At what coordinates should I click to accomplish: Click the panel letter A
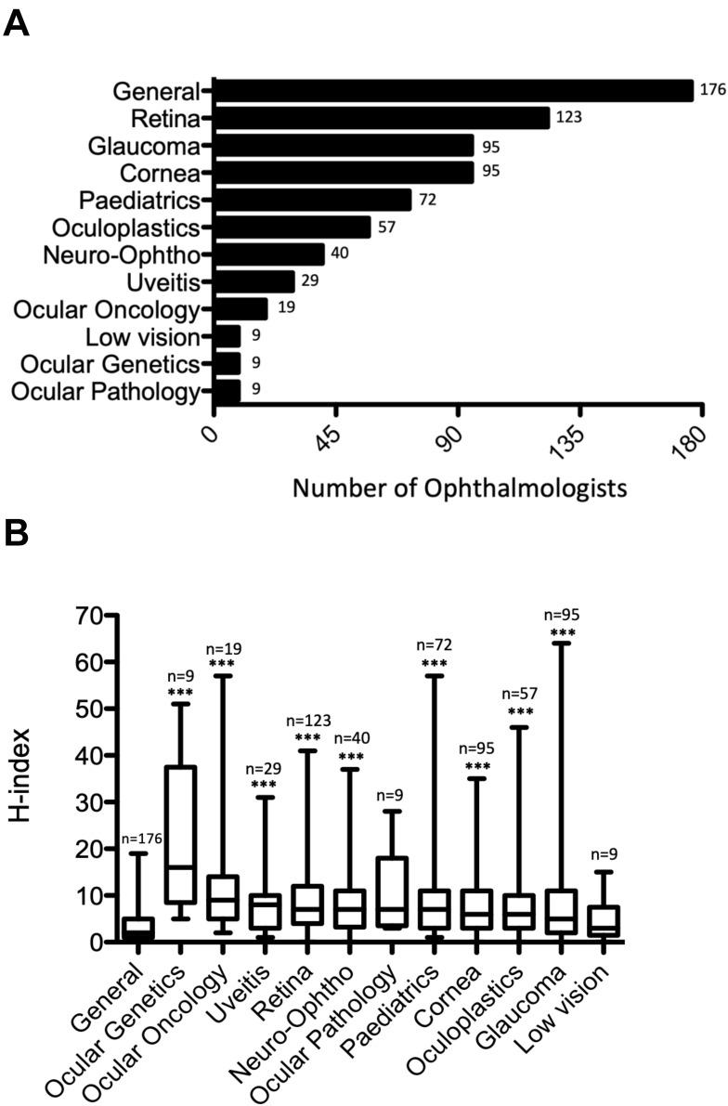pos(17,21)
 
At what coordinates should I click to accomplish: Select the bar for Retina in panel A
pos(382,118)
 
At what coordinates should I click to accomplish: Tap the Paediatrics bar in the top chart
pos(313,200)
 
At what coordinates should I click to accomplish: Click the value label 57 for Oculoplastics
pos(386,228)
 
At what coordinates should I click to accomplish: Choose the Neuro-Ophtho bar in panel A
pos(269,254)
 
